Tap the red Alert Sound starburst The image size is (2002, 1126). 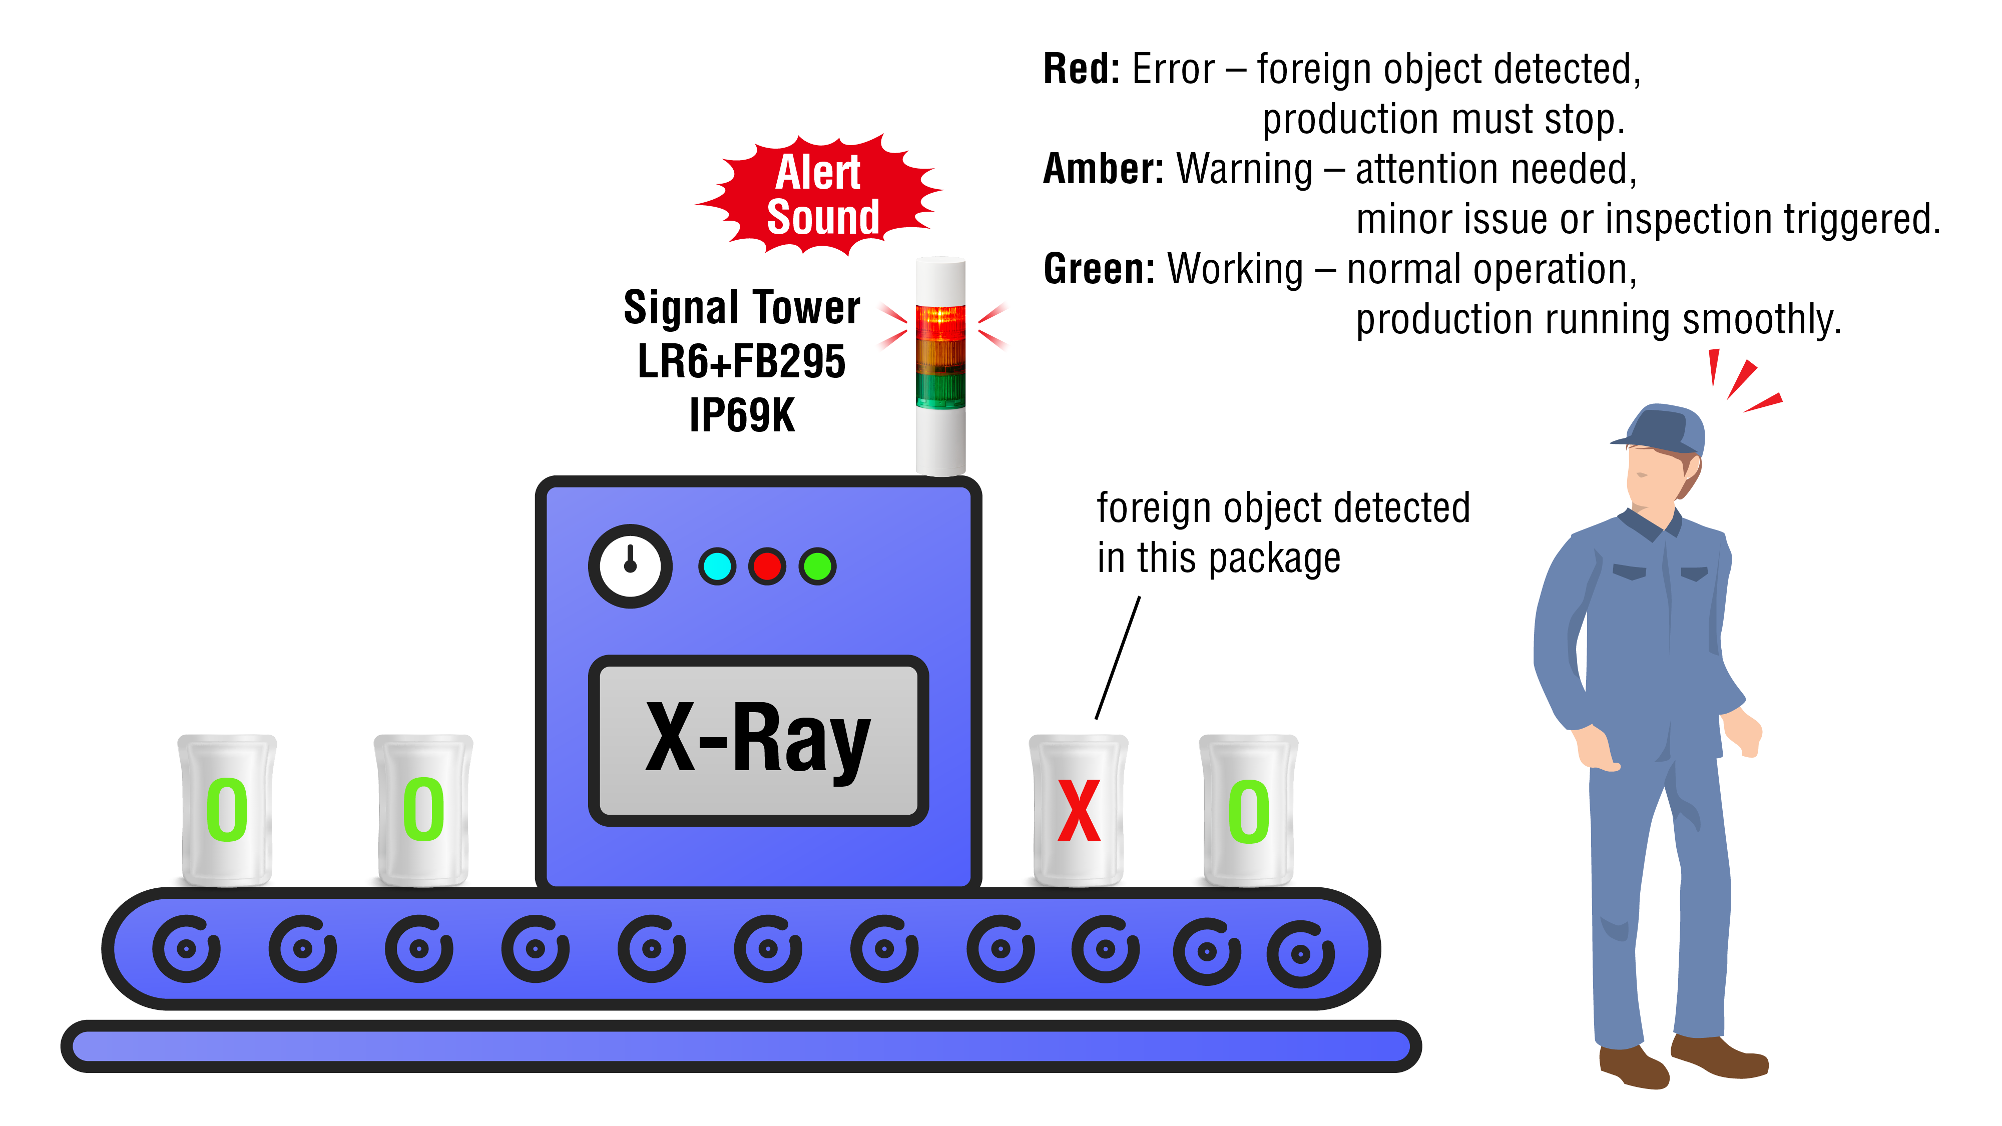coord(820,194)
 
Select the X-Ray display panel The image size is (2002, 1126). coord(758,740)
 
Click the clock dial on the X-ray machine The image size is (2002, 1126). coord(630,566)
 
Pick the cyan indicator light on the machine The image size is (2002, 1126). coord(717,567)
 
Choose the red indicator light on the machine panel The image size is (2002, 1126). coord(767,567)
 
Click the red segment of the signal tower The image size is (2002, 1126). coord(940,322)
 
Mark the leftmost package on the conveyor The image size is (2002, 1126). coord(227,810)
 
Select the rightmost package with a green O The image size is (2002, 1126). coord(1248,810)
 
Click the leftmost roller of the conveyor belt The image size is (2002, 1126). coord(187,949)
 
